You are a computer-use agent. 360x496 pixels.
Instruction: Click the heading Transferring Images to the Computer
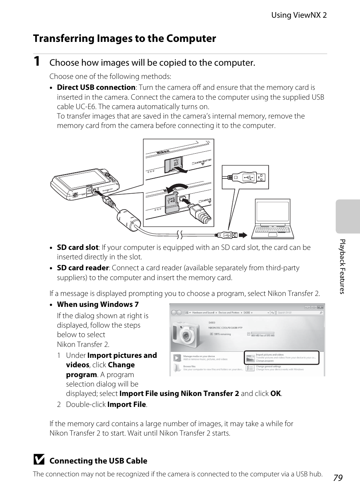click(x=125, y=39)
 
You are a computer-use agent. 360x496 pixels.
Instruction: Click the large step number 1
click(x=37, y=62)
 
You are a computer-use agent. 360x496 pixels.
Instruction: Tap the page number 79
click(x=338, y=478)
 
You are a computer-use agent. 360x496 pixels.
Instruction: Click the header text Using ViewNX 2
click(x=299, y=15)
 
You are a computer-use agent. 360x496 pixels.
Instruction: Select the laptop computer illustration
click(x=272, y=219)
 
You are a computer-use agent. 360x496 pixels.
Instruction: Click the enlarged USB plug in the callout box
click(x=245, y=177)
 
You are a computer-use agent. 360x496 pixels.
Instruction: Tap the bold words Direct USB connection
click(x=96, y=88)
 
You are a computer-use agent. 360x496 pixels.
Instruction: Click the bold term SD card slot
click(x=77, y=248)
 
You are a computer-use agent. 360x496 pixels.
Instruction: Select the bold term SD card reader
click(x=83, y=268)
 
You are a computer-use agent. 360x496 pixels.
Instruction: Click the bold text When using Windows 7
click(x=98, y=305)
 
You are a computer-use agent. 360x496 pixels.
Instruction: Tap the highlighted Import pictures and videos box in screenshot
click(x=282, y=358)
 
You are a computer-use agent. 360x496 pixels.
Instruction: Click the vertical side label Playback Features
click(x=342, y=266)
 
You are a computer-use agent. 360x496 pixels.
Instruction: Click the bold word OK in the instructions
click(x=275, y=394)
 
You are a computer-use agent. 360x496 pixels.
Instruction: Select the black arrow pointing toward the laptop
click(x=243, y=235)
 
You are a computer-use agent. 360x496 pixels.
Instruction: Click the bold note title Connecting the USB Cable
click(x=98, y=461)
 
